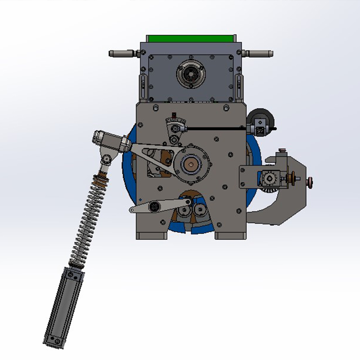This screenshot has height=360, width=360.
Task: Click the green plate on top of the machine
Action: [191, 39]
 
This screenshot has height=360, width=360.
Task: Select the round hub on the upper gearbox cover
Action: [191, 73]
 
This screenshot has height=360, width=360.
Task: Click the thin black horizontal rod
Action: [214, 129]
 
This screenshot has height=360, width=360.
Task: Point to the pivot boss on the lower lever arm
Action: [155, 206]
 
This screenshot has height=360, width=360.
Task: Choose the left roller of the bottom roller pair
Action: [183, 211]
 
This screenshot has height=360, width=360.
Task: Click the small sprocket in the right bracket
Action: [269, 180]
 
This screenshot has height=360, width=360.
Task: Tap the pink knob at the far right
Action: [310, 182]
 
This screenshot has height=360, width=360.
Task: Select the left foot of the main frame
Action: [151, 235]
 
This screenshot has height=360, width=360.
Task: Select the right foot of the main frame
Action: [230, 235]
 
